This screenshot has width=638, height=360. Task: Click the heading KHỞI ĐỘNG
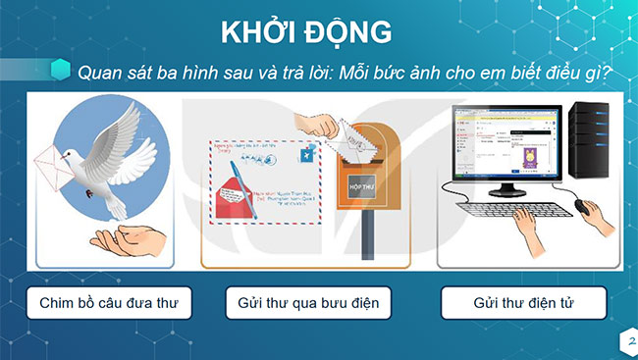coord(319,31)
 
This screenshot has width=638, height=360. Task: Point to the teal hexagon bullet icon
coord(61,71)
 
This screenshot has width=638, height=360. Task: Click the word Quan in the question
coord(100,73)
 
